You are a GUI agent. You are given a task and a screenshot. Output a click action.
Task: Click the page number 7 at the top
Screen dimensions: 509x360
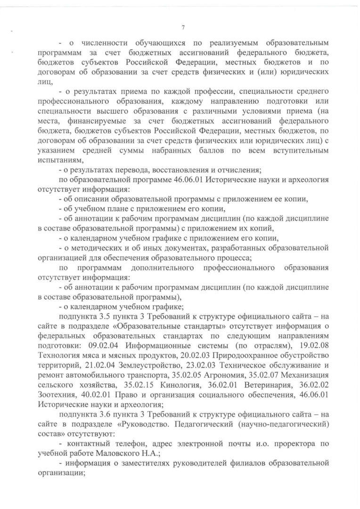182,27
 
